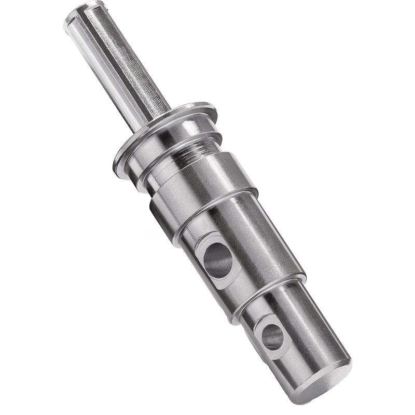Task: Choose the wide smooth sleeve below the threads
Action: tap(208, 182)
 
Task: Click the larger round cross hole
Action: tap(217, 259)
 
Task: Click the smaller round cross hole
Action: tap(272, 337)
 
